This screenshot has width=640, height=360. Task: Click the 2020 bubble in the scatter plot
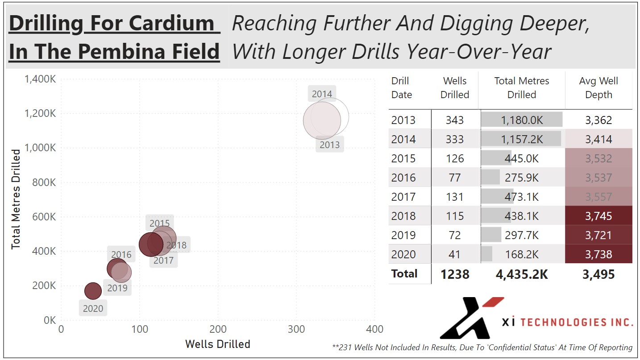tap(93, 291)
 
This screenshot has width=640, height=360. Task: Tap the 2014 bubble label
tap(322, 94)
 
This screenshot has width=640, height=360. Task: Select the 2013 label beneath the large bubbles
tap(329, 145)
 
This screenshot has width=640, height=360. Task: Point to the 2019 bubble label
tap(117, 288)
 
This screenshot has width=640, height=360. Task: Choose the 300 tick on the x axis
tap(296, 329)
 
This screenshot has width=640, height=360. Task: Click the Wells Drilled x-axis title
tap(217, 344)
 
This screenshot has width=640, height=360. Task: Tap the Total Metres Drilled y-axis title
tap(16, 199)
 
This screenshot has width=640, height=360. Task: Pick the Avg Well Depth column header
tap(598, 88)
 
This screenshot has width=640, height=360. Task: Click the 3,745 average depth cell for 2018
tap(598, 216)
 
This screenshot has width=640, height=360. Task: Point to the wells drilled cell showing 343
tap(454, 120)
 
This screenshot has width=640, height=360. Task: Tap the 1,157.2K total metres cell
tap(521, 139)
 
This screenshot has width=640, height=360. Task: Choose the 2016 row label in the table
tap(403, 178)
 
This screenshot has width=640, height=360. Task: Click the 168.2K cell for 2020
tap(521, 254)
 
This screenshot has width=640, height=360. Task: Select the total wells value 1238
tap(455, 274)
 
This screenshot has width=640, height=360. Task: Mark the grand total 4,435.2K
tap(521, 274)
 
